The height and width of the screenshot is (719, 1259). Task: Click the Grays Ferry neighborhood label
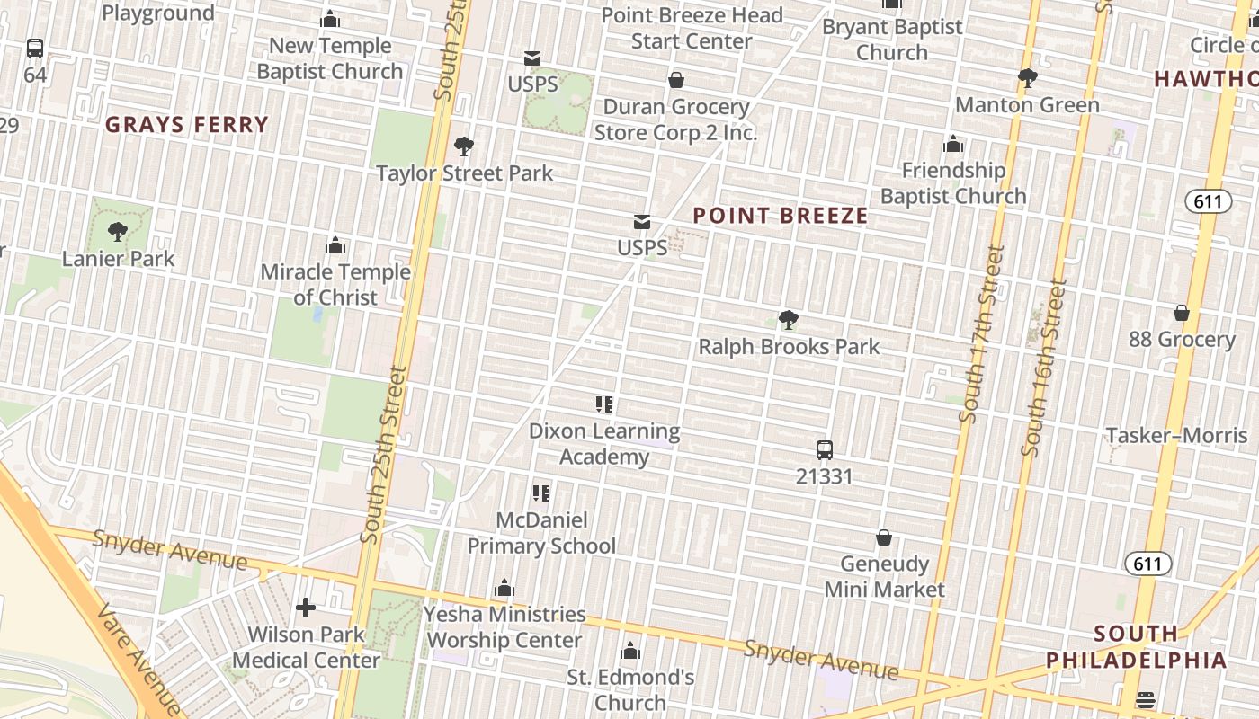pos(187,124)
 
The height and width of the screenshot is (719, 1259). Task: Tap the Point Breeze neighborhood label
pos(781,216)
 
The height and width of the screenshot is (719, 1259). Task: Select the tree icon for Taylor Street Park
pos(464,146)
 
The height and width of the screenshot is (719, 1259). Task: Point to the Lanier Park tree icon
pos(118,232)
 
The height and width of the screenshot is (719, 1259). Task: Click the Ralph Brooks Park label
pos(789,346)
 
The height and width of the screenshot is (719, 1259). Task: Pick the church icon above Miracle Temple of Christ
pos(335,245)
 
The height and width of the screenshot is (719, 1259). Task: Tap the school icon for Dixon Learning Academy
pos(604,404)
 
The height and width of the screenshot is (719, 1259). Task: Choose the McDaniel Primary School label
pos(541,533)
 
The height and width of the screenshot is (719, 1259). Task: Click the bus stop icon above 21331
pos(824,450)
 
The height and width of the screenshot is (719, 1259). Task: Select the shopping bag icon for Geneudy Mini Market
pos(884,537)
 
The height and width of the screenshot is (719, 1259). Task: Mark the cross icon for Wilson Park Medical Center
pos(306,608)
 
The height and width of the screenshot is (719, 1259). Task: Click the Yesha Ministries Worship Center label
pos(504,627)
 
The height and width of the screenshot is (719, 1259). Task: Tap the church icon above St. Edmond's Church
pos(630,651)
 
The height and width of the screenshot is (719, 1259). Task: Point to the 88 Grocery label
pos(1182,339)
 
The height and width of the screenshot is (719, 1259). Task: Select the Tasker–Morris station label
pos(1176,436)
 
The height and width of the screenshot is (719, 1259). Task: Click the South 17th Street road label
pos(981,333)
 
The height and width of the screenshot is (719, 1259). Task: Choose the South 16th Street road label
pos(1044,368)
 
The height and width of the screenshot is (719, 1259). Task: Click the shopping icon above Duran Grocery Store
pos(676,81)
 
